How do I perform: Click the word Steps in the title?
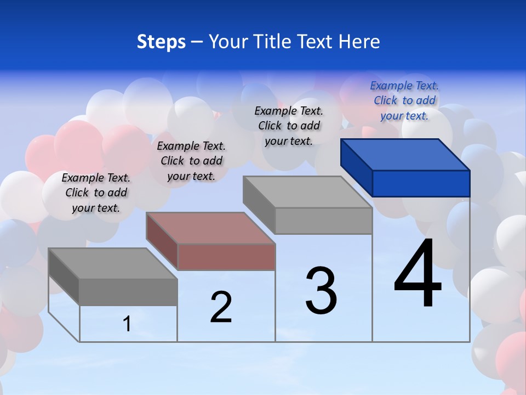pos(161,42)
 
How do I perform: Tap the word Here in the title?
pos(359,42)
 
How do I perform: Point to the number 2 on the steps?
pos(221,307)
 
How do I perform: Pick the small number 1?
pos(127,324)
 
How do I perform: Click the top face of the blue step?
pos(405,154)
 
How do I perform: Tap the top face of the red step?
pos(210,228)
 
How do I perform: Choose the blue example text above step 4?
pos(404,100)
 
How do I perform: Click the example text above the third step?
pos(289,126)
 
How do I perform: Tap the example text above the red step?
pos(191,161)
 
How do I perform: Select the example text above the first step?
pos(96,193)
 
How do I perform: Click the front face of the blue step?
pos(421,183)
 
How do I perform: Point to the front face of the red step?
pos(226,257)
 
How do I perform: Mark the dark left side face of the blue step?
pos(357,168)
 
